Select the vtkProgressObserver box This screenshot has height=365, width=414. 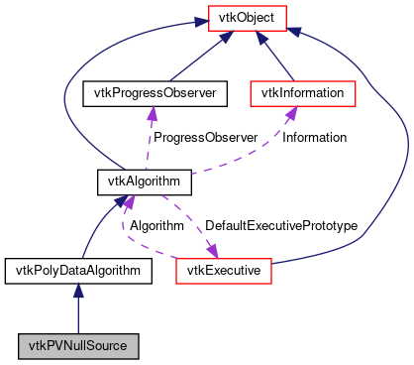click(x=154, y=93)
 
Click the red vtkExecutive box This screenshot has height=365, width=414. click(x=224, y=269)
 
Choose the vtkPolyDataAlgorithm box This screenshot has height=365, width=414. click(x=77, y=269)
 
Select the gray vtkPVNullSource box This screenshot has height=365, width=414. click(x=77, y=346)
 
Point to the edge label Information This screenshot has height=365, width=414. click(x=315, y=137)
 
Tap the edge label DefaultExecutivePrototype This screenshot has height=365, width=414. click(x=280, y=226)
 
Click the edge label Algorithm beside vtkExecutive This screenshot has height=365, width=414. click(x=156, y=226)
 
